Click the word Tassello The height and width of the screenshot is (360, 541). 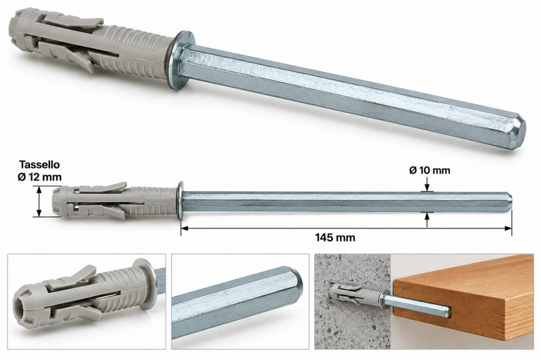point(39,165)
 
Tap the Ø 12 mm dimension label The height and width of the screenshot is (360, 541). point(39,177)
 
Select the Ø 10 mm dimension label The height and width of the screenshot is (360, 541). point(430,170)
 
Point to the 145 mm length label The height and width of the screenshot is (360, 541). point(335,237)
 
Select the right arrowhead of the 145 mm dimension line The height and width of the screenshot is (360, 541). point(508,228)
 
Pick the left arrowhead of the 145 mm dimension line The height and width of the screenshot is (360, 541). point(184,228)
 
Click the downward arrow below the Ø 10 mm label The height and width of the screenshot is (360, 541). point(427,184)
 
